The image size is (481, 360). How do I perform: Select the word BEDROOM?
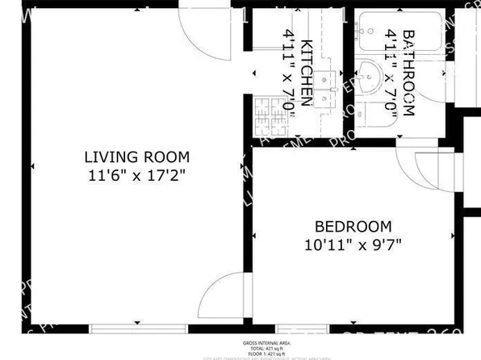pos(353,227)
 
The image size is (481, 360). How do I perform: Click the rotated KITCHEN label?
pos(307,73)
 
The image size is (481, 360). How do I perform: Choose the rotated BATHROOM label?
pos(408,73)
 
